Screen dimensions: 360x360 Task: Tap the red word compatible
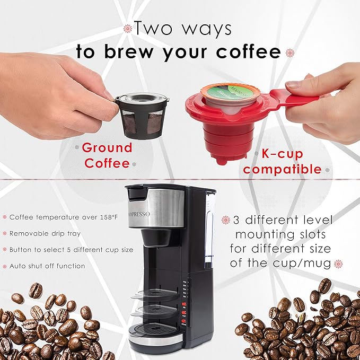(283, 170)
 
